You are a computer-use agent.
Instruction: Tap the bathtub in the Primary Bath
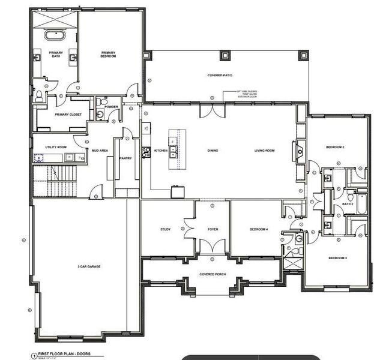pos(55,33)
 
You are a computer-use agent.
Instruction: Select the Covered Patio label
pos(220,75)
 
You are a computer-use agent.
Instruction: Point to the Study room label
pos(166,229)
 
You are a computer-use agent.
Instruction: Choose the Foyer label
pos(212,229)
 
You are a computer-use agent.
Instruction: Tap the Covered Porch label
pos(212,274)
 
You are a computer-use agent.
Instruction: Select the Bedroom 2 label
pos(335,147)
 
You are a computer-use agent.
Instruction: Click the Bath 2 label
pos(348,204)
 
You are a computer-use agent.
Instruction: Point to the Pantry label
pos(125,158)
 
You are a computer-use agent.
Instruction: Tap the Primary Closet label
pos(68,114)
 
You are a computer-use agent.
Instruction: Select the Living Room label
pos(264,150)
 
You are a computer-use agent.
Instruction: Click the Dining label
pos(213,150)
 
